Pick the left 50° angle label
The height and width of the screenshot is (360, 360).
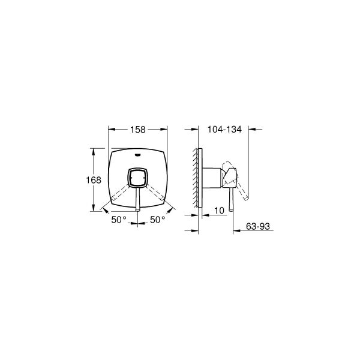[x=119, y=220]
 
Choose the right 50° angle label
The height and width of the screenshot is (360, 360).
[x=157, y=220]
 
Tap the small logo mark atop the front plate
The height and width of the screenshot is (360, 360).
[x=138, y=155]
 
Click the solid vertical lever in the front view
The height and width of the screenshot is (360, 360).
[x=138, y=199]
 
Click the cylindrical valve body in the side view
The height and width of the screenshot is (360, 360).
[x=214, y=178]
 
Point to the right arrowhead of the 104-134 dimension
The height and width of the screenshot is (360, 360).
[x=250, y=128]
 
